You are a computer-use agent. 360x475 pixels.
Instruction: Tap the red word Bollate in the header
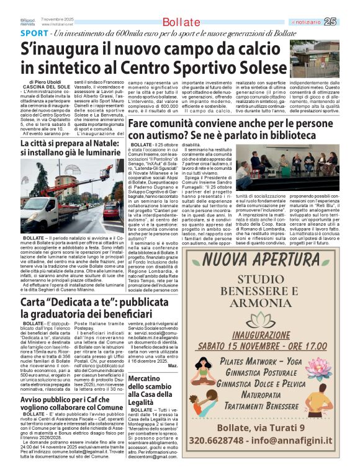pos(181,23)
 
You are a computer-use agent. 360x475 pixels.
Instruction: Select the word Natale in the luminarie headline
pos(109,145)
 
